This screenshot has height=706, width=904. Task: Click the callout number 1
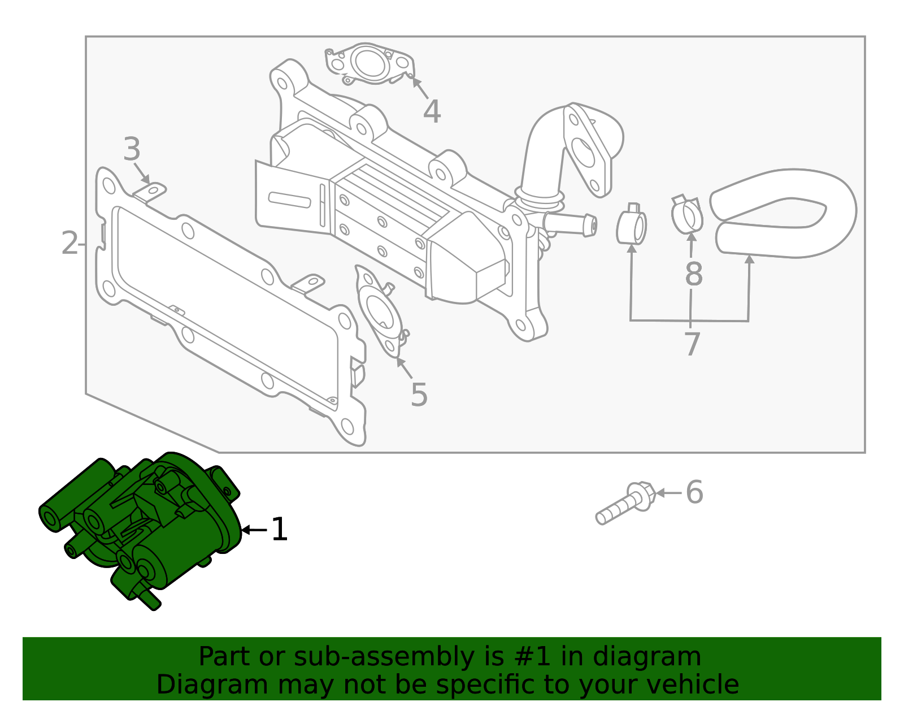click(280, 530)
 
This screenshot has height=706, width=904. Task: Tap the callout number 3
click(132, 150)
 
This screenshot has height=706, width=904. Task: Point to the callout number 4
click(432, 112)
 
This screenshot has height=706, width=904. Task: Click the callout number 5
click(419, 395)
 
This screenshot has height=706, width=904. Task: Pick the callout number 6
click(694, 492)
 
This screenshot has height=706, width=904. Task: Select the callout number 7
click(692, 344)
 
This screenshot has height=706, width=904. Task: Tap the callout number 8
click(693, 275)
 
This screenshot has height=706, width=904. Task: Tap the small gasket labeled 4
click(368, 63)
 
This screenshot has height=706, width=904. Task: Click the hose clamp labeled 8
click(687, 214)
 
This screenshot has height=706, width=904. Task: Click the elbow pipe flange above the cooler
click(588, 150)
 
